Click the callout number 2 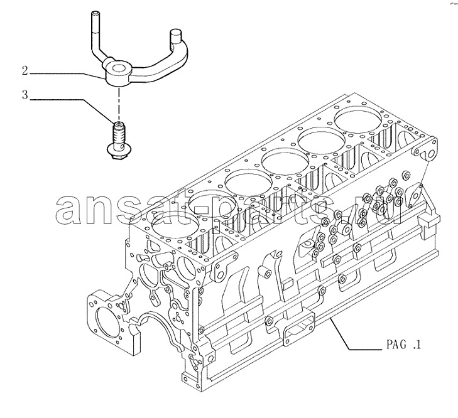tap(25, 71)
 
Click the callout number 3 tap(25, 95)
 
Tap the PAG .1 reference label tap(404, 345)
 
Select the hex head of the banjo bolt tap(118, 152)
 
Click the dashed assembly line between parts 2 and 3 tap(119, 104)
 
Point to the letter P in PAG tap(390, 345)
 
